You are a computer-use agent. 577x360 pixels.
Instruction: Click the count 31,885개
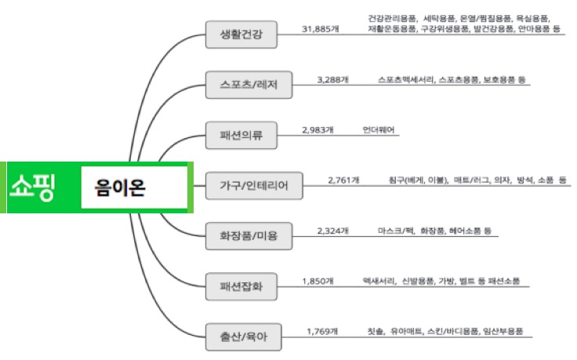click(x=321, y=29)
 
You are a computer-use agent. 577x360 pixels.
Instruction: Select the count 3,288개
click(x=332, y=80)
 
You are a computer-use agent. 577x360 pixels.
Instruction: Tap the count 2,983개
click(x=318, y=129)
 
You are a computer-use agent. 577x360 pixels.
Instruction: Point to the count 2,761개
click(x=343, y=180)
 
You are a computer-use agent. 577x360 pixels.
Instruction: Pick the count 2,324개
click(x=332, y=231)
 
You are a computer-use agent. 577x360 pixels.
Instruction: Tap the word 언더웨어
click(x=379, y=129)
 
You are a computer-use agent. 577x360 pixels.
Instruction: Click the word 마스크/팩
click(x=395, y=231)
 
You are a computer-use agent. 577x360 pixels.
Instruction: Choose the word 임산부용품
click(x=502, y=331)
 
